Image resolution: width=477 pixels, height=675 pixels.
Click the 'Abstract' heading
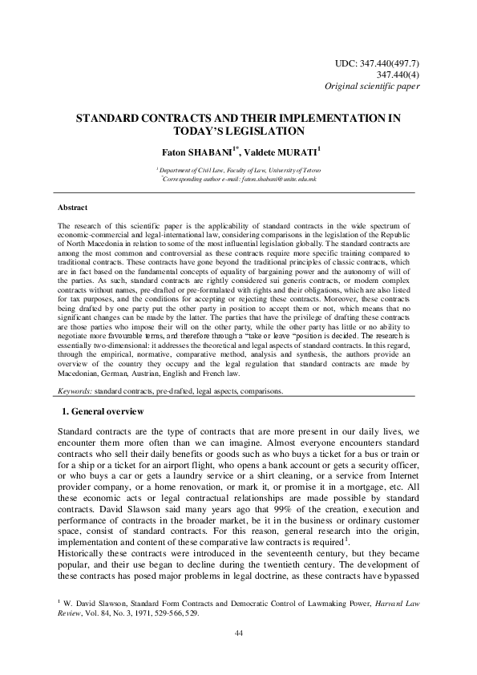click(78, 206)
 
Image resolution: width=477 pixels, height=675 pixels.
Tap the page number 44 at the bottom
click(239, 656)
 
